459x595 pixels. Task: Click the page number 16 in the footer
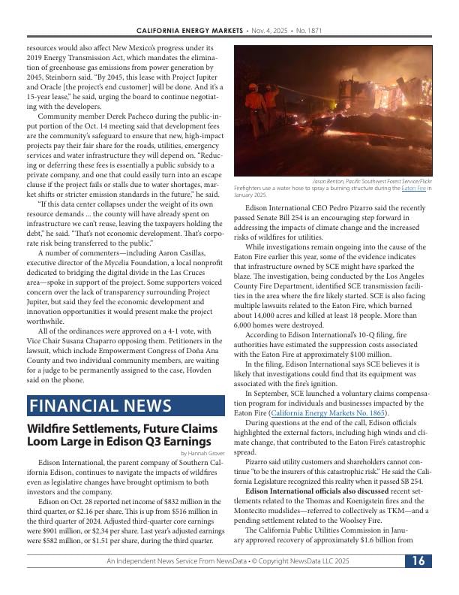[418, 582]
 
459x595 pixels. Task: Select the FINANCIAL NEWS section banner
[126, 406]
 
